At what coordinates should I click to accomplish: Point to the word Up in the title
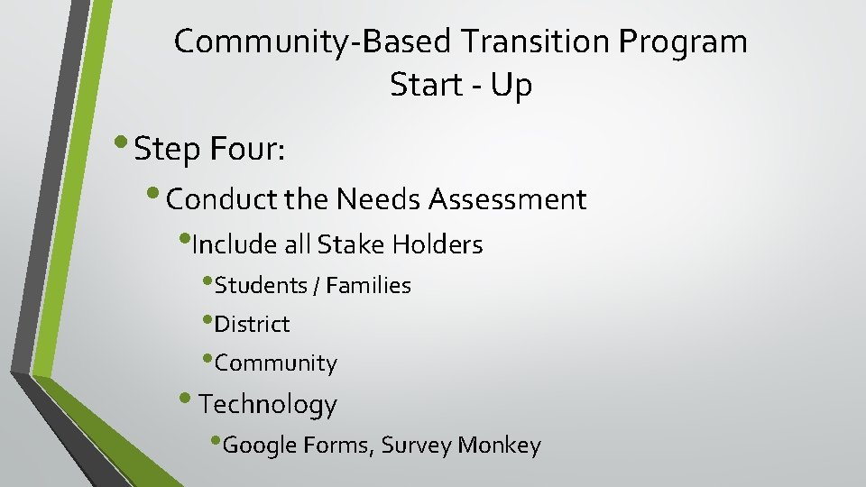coord(513,87)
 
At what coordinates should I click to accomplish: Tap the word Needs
coord(380,198)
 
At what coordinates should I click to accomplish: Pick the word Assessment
coord(508,198)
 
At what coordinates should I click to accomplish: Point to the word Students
coord(261,286)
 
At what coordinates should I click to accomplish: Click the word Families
coord(368,286)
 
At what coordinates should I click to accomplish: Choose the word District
coord(252,324)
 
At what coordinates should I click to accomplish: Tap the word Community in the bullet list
coord(275,363)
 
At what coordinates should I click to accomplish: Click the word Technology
coord(267,404)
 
